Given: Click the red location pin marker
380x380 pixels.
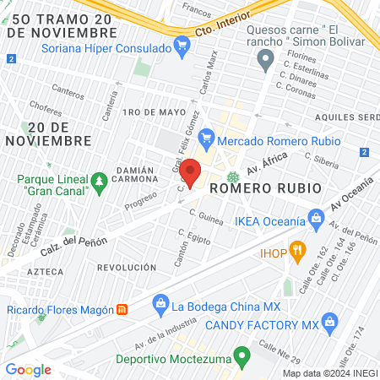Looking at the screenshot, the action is [x=192, y=172].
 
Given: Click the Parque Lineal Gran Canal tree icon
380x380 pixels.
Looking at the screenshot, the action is [x=100, y=180].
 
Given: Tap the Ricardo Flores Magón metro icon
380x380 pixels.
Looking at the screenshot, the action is [x=122, y=310].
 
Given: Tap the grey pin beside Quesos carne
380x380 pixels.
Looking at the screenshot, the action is [x=266, y=60].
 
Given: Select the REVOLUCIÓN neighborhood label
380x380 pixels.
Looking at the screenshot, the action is [x=126, y=267].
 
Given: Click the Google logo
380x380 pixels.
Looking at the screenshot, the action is [x=29, y=369].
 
